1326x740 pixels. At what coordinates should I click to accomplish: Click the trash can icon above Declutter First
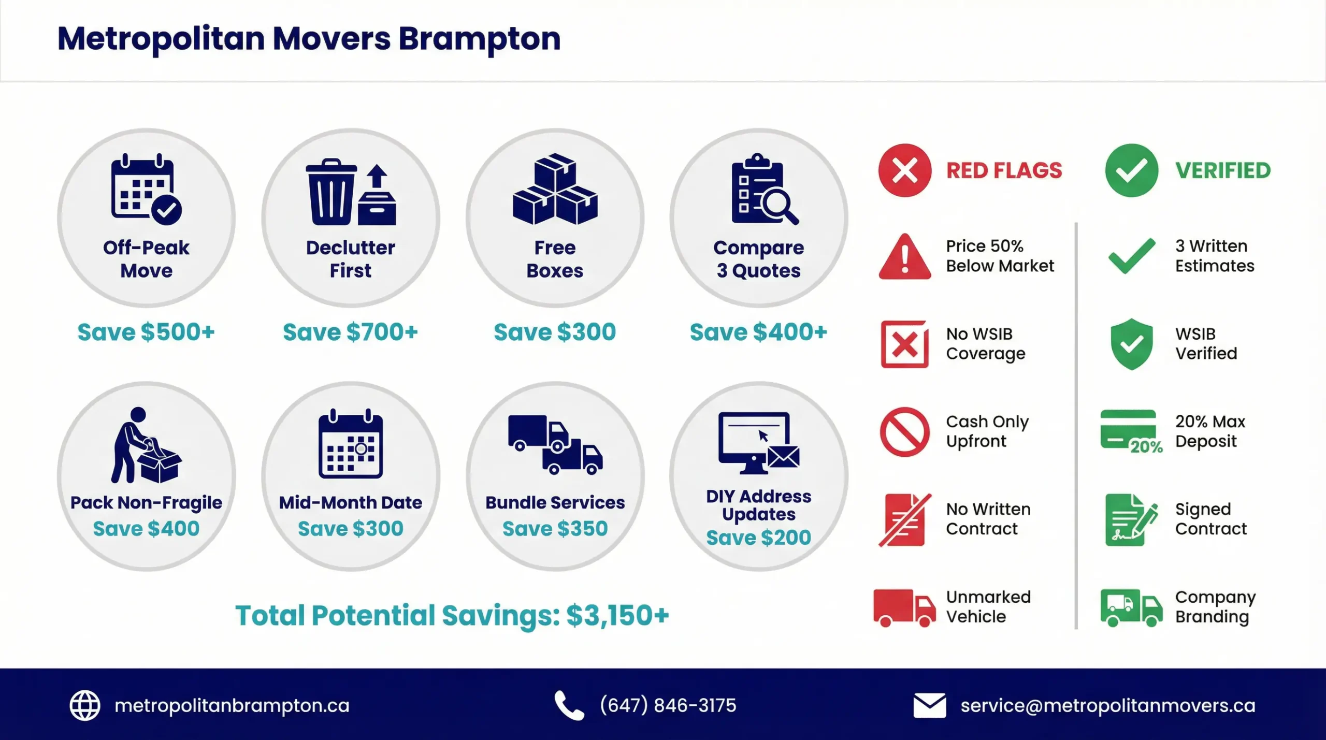pos(331,193)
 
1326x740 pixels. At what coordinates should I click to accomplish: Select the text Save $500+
pos(146,332)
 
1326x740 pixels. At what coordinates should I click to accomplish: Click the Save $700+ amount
pos(350,332)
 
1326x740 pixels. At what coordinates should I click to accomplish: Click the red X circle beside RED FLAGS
pos(904,170)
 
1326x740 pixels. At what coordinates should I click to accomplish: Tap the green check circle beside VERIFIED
pos(1131,170)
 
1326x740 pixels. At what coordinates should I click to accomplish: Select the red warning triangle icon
pos(904,257)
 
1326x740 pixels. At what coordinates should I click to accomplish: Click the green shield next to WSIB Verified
pos(1132,344)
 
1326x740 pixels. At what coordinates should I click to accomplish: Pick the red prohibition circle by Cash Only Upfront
pos(904,431)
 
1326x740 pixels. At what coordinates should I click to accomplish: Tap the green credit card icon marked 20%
pos(1129,430)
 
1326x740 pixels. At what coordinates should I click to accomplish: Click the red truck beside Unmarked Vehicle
pos(904,607)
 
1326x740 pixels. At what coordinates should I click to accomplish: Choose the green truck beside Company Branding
pos(1131,607)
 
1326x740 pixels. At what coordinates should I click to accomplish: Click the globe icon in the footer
pos(85,705)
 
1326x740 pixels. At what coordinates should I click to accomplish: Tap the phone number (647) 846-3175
pos(668,705)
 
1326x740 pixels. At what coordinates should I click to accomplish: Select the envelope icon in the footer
pos(929,706)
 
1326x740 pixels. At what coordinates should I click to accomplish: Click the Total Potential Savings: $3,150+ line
pos(452,615)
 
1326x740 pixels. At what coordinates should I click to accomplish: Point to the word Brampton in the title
pos(479,39)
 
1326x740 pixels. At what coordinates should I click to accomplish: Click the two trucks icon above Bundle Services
pos(555,444)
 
